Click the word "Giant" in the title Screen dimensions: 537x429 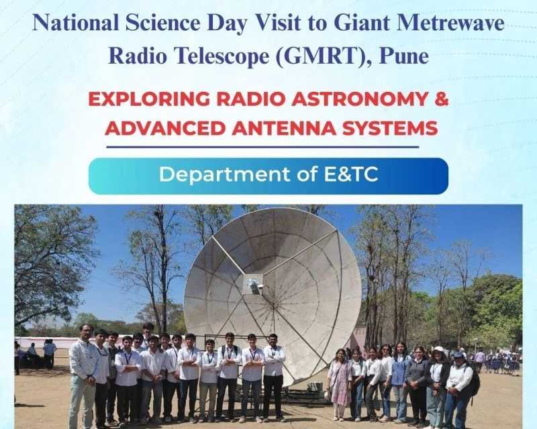[362, 23]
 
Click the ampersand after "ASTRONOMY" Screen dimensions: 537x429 [442, 99]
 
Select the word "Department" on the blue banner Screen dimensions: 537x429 [224, 174]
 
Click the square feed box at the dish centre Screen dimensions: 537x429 [254, 285]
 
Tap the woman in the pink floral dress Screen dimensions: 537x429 [340, 384]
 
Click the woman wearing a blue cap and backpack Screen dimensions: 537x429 [459, 390]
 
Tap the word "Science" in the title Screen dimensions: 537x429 [162, 23]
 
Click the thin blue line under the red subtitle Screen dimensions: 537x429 [262, 147]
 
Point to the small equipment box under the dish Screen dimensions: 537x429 [314, 387]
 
